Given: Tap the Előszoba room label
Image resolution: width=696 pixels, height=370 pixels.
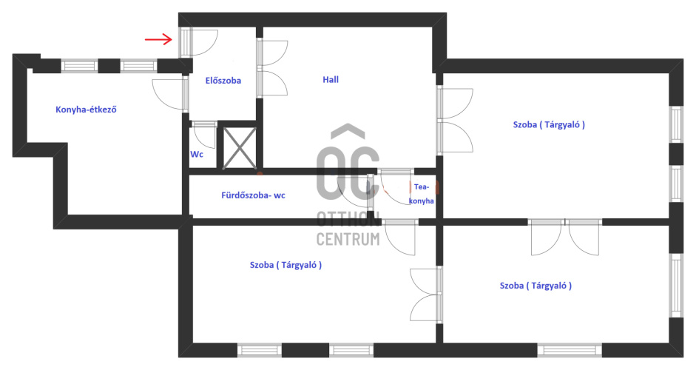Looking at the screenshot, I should coord(223,81).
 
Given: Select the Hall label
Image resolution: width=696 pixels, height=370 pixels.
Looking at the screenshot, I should coord(331,79).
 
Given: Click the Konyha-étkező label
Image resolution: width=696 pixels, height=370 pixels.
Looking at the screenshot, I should coord(87,110).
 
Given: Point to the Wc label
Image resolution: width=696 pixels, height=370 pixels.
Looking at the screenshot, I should coord(197,155).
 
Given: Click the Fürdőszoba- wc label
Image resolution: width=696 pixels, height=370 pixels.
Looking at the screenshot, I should coord(254,195).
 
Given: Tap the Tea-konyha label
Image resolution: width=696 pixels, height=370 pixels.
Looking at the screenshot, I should coord(423,195).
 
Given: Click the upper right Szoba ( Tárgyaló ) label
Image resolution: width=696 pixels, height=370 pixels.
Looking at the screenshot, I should coord(549,125).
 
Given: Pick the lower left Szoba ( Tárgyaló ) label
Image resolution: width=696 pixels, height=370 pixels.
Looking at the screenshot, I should coord(286,264).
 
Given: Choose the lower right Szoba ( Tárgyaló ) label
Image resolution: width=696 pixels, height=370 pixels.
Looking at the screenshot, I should coord(535,285).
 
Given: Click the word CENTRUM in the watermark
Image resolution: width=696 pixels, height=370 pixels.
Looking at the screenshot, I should coord(348,239).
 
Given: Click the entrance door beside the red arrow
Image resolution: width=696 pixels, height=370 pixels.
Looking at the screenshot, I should coord(198,41).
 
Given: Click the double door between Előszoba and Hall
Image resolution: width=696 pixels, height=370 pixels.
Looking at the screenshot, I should coord(271,69).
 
